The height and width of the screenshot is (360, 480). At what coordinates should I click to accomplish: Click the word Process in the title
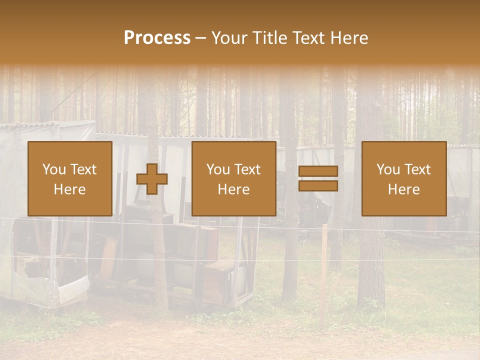pyautogui.click(x=157, y=38)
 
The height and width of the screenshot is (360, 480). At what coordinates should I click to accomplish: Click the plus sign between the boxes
pyautogui.click(x=152, y=179)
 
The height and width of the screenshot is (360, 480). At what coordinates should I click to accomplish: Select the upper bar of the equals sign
pyautogui.click(x=318, y=171)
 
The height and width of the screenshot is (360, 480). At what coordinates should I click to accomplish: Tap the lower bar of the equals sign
pyautogui.click(x=318, y=186)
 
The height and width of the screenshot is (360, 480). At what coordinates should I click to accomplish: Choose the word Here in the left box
pyautogui.click(x=69, y=189)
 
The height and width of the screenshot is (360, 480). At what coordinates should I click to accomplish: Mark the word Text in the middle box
pyautogui.click(x=248, y=169)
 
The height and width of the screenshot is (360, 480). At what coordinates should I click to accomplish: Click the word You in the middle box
pyautogui.click(x=218, y=169)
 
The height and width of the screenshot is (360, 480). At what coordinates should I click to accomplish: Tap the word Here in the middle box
pyautogui.click(x=233, y=189)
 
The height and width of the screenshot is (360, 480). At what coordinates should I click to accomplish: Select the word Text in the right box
pyautogui.click(x=418, y=169)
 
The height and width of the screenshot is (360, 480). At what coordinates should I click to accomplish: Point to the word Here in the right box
pyautogui.click(x=403, y=189)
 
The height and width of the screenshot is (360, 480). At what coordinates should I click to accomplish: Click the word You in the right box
pyautogui.click(x=388, y=169)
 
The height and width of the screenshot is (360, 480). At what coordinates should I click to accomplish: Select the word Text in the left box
pyautogui.click(x=84, y=169)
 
